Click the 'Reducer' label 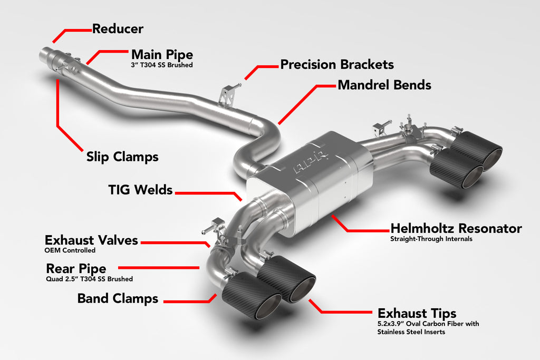(x=118, y=28)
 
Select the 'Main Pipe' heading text (x=162, y=55)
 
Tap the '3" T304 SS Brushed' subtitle (x=162, y=65)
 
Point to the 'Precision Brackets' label (x=337, y=65)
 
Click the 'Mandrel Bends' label (x=384, y=85)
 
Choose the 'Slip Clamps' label (x=122, y=157)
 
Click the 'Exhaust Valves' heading (x=91, y=240)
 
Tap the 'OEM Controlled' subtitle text (x=70, y=250)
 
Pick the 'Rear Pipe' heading (x=76, y=269)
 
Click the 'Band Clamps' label (x=118, y=298)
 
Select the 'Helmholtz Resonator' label (x=456, y=229)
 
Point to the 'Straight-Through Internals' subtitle (x=431, y=239)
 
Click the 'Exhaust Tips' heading (x=417, y=313)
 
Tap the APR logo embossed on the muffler (x=311, y=161)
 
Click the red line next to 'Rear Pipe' (x=158, y=268)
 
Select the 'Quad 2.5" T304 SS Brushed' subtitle (x=90, y=279)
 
